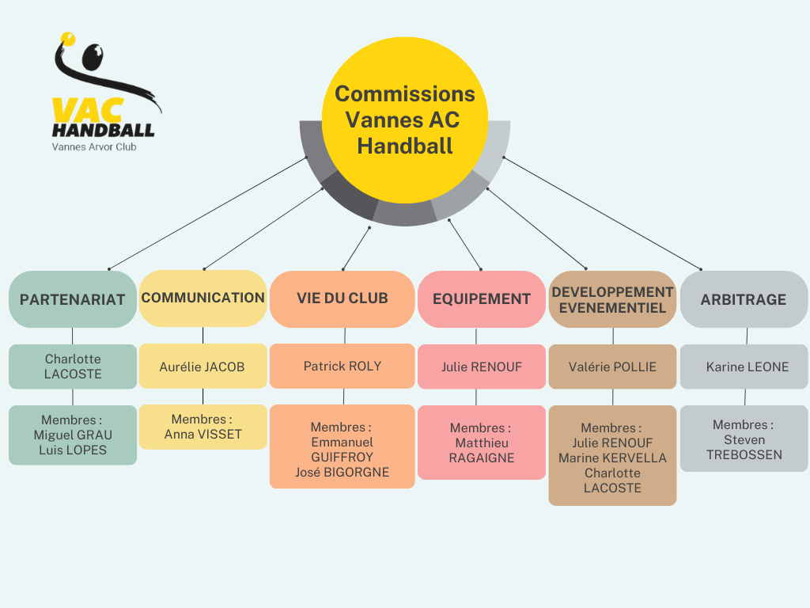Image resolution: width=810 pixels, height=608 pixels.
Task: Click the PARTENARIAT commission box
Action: (x=73, y=299)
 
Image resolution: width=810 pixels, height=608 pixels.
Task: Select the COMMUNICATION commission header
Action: (x=202, y=298)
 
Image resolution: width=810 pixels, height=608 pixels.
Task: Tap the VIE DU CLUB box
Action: (x=343, y=298)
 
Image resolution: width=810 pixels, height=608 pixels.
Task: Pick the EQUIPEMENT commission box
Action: (x=482, y=299)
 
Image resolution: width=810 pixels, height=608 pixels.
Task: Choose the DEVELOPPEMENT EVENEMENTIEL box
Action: (x=613, y=299)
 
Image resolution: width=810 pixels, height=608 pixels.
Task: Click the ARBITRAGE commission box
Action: (x=744, y=299)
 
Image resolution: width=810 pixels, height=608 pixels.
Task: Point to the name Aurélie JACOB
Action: (x=202, y=367)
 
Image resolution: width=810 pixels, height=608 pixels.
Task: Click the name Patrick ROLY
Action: (x=343, y=366)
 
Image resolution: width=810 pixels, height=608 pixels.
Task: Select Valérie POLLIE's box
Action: (x=613, y=367)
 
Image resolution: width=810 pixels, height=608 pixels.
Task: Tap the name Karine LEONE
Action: (x=748, y=367)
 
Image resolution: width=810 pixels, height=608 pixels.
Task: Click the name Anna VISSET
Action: (x=203, y=434)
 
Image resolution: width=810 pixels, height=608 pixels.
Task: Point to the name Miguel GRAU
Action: (x=73, y=435)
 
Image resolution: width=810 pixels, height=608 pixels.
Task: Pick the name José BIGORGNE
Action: (x=343, y=473)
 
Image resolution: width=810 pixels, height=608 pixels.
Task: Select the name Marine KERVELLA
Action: (x=613, y=458)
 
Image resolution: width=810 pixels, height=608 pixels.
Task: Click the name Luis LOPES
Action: (x=73, y=450)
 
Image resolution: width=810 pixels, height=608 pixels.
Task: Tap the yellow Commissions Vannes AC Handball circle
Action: (x=405, y=119)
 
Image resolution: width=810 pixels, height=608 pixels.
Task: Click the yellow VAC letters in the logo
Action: (x=76, y=110)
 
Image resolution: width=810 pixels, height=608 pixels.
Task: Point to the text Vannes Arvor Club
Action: (x=94, y=146)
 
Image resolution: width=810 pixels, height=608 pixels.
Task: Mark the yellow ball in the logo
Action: (x=67, y=36)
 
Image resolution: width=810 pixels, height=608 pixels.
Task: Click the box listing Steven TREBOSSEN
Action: (x=744, y=439)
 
